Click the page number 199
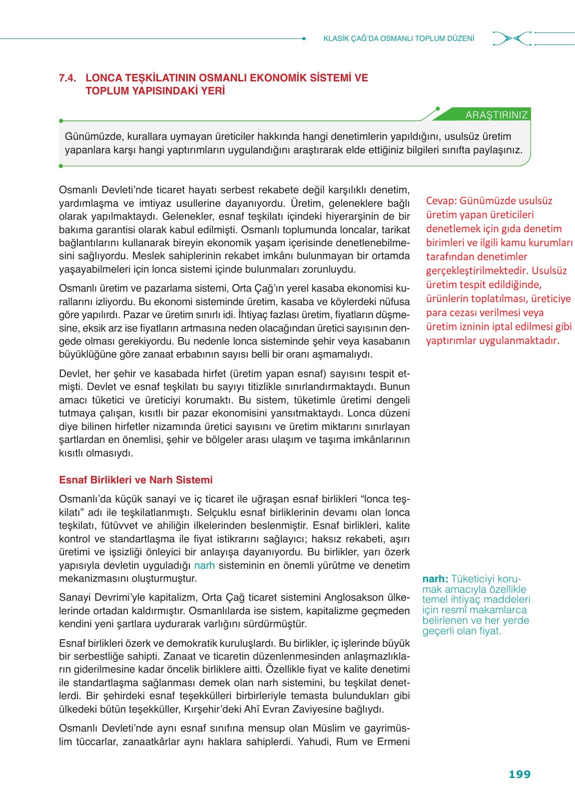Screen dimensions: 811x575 (x=519, y=774)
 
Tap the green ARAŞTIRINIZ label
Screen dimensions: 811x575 (x=496, y=115)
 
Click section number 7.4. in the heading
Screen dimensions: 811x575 (x=67, y=78)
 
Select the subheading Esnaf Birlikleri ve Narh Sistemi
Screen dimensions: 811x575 (x=135, y=480)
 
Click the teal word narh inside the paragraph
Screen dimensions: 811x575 (x=204, y=565)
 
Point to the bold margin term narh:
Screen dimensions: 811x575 (x=435, y=579)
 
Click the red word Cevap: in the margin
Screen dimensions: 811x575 (x=441, y=201)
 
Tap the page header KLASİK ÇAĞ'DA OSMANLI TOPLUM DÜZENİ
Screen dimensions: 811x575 (x=399, y=38)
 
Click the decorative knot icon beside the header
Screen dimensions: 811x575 (x=511, y=38)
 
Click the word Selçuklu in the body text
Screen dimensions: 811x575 (x=216, y=512)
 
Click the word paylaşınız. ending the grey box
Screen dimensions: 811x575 (x=497, y=150)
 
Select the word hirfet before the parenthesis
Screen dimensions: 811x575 (x=216, y=374)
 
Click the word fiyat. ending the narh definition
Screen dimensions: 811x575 (x=490, y=631)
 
